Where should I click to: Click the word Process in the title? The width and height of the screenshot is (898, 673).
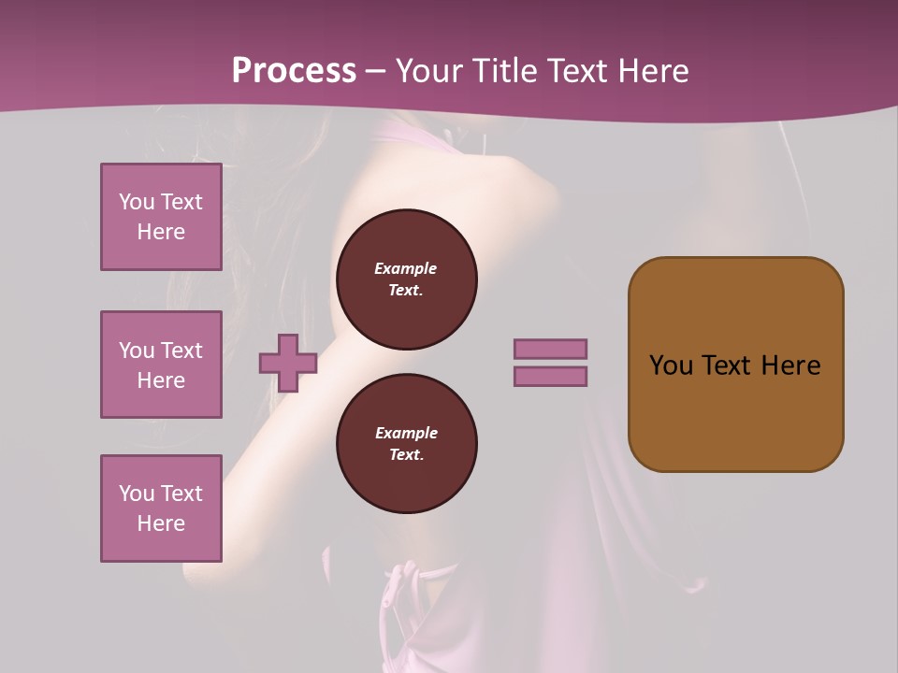point(294,71)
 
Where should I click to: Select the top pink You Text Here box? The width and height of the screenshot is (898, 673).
point(161,217)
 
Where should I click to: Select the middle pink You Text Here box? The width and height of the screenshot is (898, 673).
point(161,365)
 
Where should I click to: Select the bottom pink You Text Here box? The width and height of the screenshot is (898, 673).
point(161,508)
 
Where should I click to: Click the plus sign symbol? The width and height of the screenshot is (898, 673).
point(288,363)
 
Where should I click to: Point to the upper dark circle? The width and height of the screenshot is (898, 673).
point(406,279)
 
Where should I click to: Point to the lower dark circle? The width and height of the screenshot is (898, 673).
point(406,444)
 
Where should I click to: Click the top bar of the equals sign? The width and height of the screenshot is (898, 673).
point(550,349)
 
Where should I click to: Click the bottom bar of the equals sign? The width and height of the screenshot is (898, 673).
point(550,377)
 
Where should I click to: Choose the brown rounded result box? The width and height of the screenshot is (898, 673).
point(735,365)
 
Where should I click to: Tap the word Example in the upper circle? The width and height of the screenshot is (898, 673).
point(406,268)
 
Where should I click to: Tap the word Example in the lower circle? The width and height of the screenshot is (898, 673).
point(406,433)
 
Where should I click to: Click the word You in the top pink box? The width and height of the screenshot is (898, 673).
point(137,202)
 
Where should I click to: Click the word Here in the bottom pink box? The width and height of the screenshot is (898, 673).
point(161,523)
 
